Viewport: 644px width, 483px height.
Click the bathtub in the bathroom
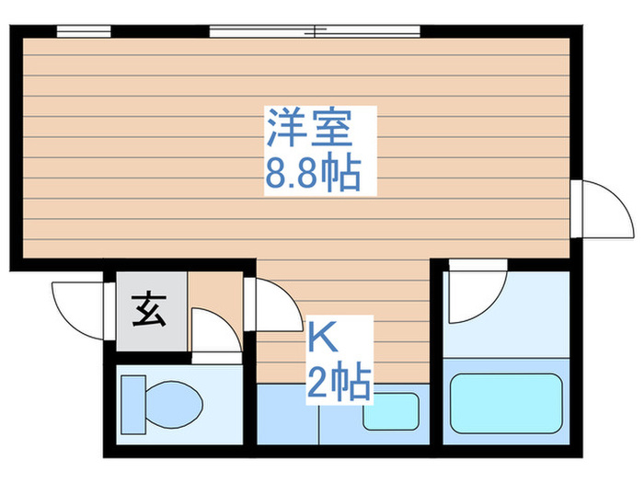[x=505, y=401]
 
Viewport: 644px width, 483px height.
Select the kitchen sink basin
[x=391, y=411]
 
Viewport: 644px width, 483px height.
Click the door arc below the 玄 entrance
[x=214, y=332]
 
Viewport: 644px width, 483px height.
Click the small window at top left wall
[x=77, y=30]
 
